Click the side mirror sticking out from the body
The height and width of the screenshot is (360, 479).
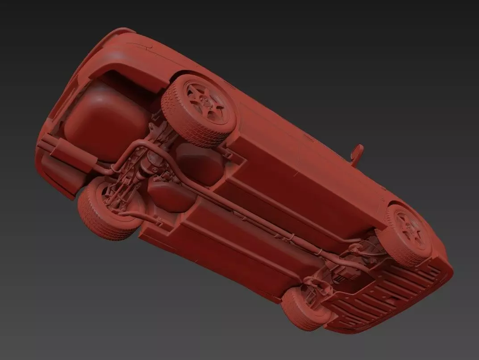[357, 153]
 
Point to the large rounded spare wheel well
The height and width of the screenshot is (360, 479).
[103, 121]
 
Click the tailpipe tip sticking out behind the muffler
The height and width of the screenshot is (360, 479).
[45, 142]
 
